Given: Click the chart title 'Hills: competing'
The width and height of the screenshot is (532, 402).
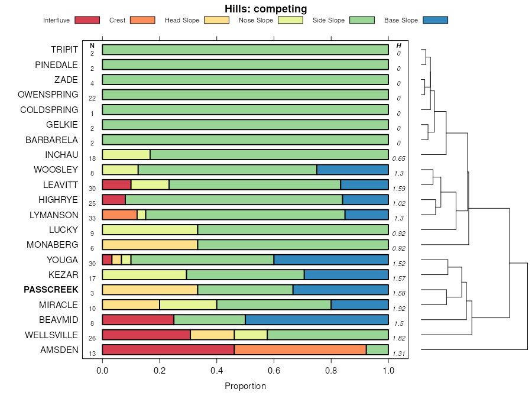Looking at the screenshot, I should [x=265, y=9].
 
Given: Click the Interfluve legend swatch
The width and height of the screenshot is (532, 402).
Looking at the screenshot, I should [x=87, y=20].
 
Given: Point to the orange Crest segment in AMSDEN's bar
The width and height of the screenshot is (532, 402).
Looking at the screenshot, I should [x=300, y=349].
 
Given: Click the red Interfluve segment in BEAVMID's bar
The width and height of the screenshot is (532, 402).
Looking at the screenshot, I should [x=138, y=319].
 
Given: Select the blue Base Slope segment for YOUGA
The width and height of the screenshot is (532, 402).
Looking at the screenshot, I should [x=331, y=260].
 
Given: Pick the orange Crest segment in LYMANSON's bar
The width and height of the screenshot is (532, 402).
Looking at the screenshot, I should [x=119, y=214].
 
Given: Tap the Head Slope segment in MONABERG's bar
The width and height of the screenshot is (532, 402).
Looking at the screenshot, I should [x=150, y=244].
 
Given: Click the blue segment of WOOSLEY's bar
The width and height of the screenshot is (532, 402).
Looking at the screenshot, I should [x=352, y=169].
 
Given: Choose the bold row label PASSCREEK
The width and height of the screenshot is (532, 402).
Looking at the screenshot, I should [x=51, y=290].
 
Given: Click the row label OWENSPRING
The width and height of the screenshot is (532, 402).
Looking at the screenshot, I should [x=48, y=95].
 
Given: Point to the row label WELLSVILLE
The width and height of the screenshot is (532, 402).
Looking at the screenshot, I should [x=51, y=335].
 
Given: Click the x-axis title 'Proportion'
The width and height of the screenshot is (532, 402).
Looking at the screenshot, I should [x=245, y=386].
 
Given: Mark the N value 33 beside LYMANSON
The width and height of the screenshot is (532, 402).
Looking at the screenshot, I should [x=92, y=218].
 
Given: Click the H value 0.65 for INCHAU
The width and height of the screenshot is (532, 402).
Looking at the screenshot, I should [x=399, y=158].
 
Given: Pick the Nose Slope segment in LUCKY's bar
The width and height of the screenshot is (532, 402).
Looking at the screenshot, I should [x=150, y=229].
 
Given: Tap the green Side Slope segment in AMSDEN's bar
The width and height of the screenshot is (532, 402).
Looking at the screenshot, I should [x=377, y=349].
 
